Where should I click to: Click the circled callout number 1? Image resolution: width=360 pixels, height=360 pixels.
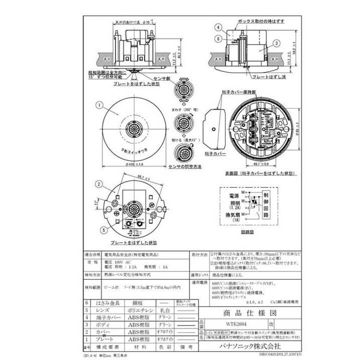pyautogui.click(x=99, y=105)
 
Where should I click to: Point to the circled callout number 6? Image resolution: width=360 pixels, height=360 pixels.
pyautogui.click(x=219, y=38)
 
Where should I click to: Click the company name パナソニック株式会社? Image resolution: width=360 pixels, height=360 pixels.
pyautogui.click(x=250, y=345)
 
